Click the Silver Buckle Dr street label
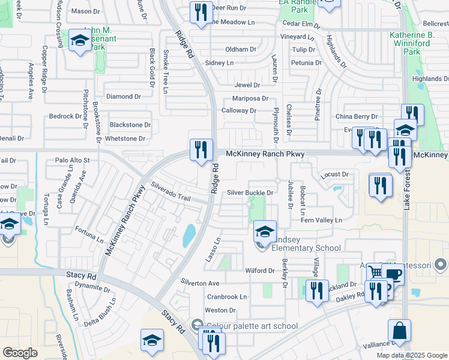[x=250, y=193]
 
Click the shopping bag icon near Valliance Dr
[x=399, y=331]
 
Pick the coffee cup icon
[x=393, y=275]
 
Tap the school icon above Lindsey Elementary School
[x=264, y=231]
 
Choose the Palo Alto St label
[x=72, y=160]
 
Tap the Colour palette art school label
[x=252, y=326]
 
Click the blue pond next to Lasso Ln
[x=190, y=235]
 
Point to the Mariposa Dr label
[x=250, y=99]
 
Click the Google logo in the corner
[x=20, y=352]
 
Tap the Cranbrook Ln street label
[x=227, y=297]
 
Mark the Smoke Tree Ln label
[x=165, y=71]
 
